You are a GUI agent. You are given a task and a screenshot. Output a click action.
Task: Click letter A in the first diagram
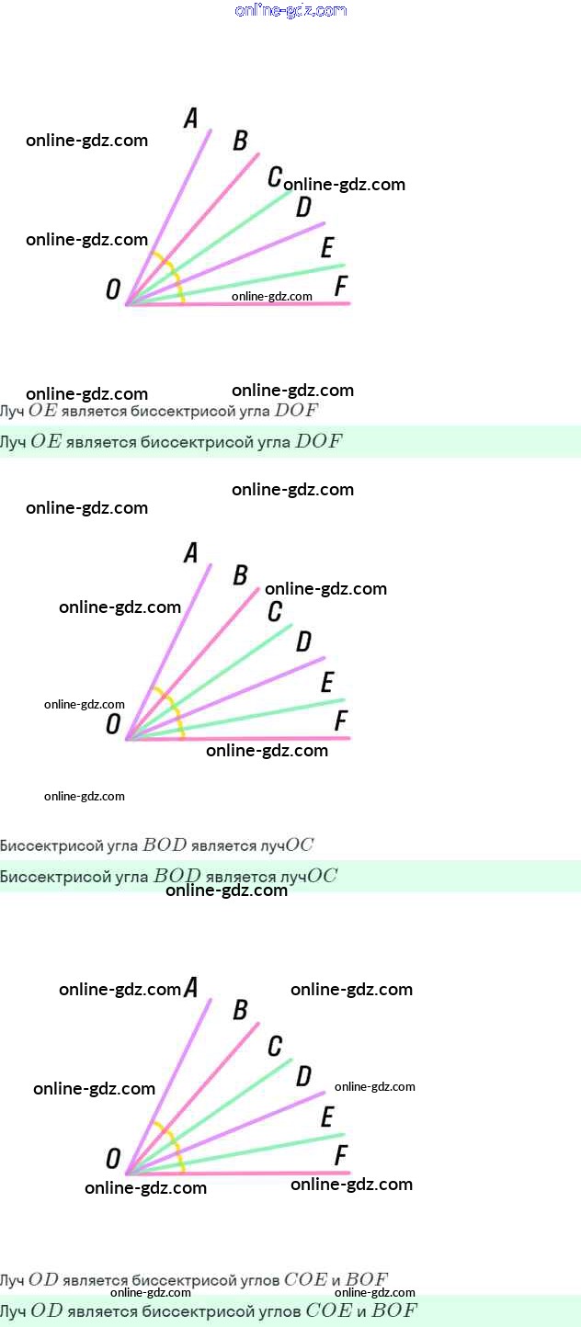coord(191,119)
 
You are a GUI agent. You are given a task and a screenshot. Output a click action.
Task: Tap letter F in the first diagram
coord(341,287)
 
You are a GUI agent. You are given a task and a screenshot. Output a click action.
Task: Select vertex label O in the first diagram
coord(113,290)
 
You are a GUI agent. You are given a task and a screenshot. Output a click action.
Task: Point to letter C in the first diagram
coord(275,176)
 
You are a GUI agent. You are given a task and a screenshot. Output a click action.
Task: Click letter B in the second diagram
coord(240,575)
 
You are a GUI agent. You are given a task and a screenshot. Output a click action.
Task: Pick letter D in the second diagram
coord(303,641)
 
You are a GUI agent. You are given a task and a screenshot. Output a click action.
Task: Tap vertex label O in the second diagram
coord(113,725)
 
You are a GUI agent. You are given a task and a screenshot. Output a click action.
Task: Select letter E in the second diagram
coord(326,683)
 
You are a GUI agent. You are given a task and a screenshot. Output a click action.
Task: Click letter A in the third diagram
coord(191,988)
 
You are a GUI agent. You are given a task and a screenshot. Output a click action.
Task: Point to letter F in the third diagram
coord(341,1155)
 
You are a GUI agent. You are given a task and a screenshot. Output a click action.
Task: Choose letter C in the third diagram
coord(275,1046)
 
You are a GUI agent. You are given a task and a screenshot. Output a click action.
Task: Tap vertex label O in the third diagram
coord(113,1159)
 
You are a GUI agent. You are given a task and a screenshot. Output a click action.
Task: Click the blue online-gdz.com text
coord(290,11)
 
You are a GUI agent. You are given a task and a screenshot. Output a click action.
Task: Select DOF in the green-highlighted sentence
coord(318,442)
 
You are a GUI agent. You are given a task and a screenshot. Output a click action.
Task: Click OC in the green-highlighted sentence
coord(322,877)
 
